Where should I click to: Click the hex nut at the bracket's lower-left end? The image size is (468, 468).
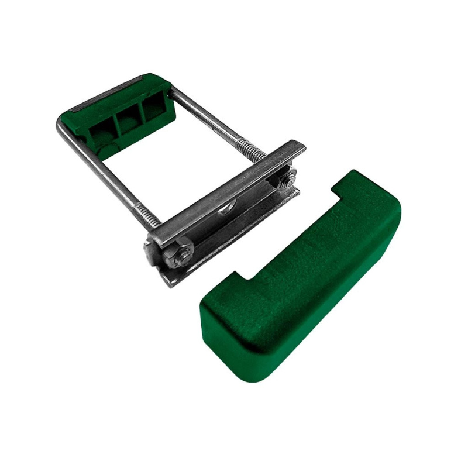pos(183,253)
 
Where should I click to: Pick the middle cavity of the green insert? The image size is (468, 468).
pos(130,120)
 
